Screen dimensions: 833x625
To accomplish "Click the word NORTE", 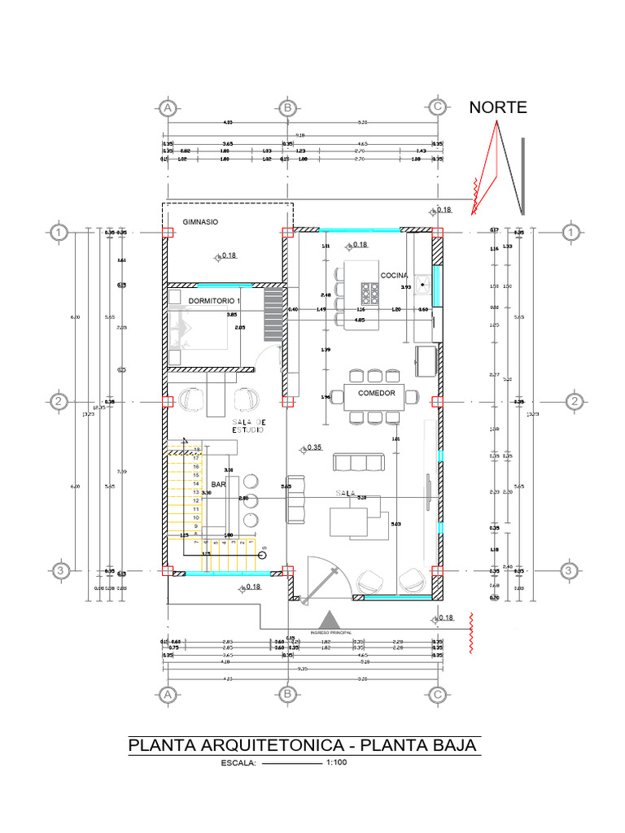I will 498,107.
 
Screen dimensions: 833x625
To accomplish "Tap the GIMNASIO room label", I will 200,221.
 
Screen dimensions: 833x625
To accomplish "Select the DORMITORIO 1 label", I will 215,302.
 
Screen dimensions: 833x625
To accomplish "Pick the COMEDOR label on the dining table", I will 376,394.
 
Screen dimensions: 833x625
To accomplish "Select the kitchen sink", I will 422,285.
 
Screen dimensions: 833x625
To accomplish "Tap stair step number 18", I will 196,449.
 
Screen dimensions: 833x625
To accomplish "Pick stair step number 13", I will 196,492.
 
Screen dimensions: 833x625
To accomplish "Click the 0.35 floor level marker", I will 312,447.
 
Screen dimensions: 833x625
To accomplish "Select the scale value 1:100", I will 336,763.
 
